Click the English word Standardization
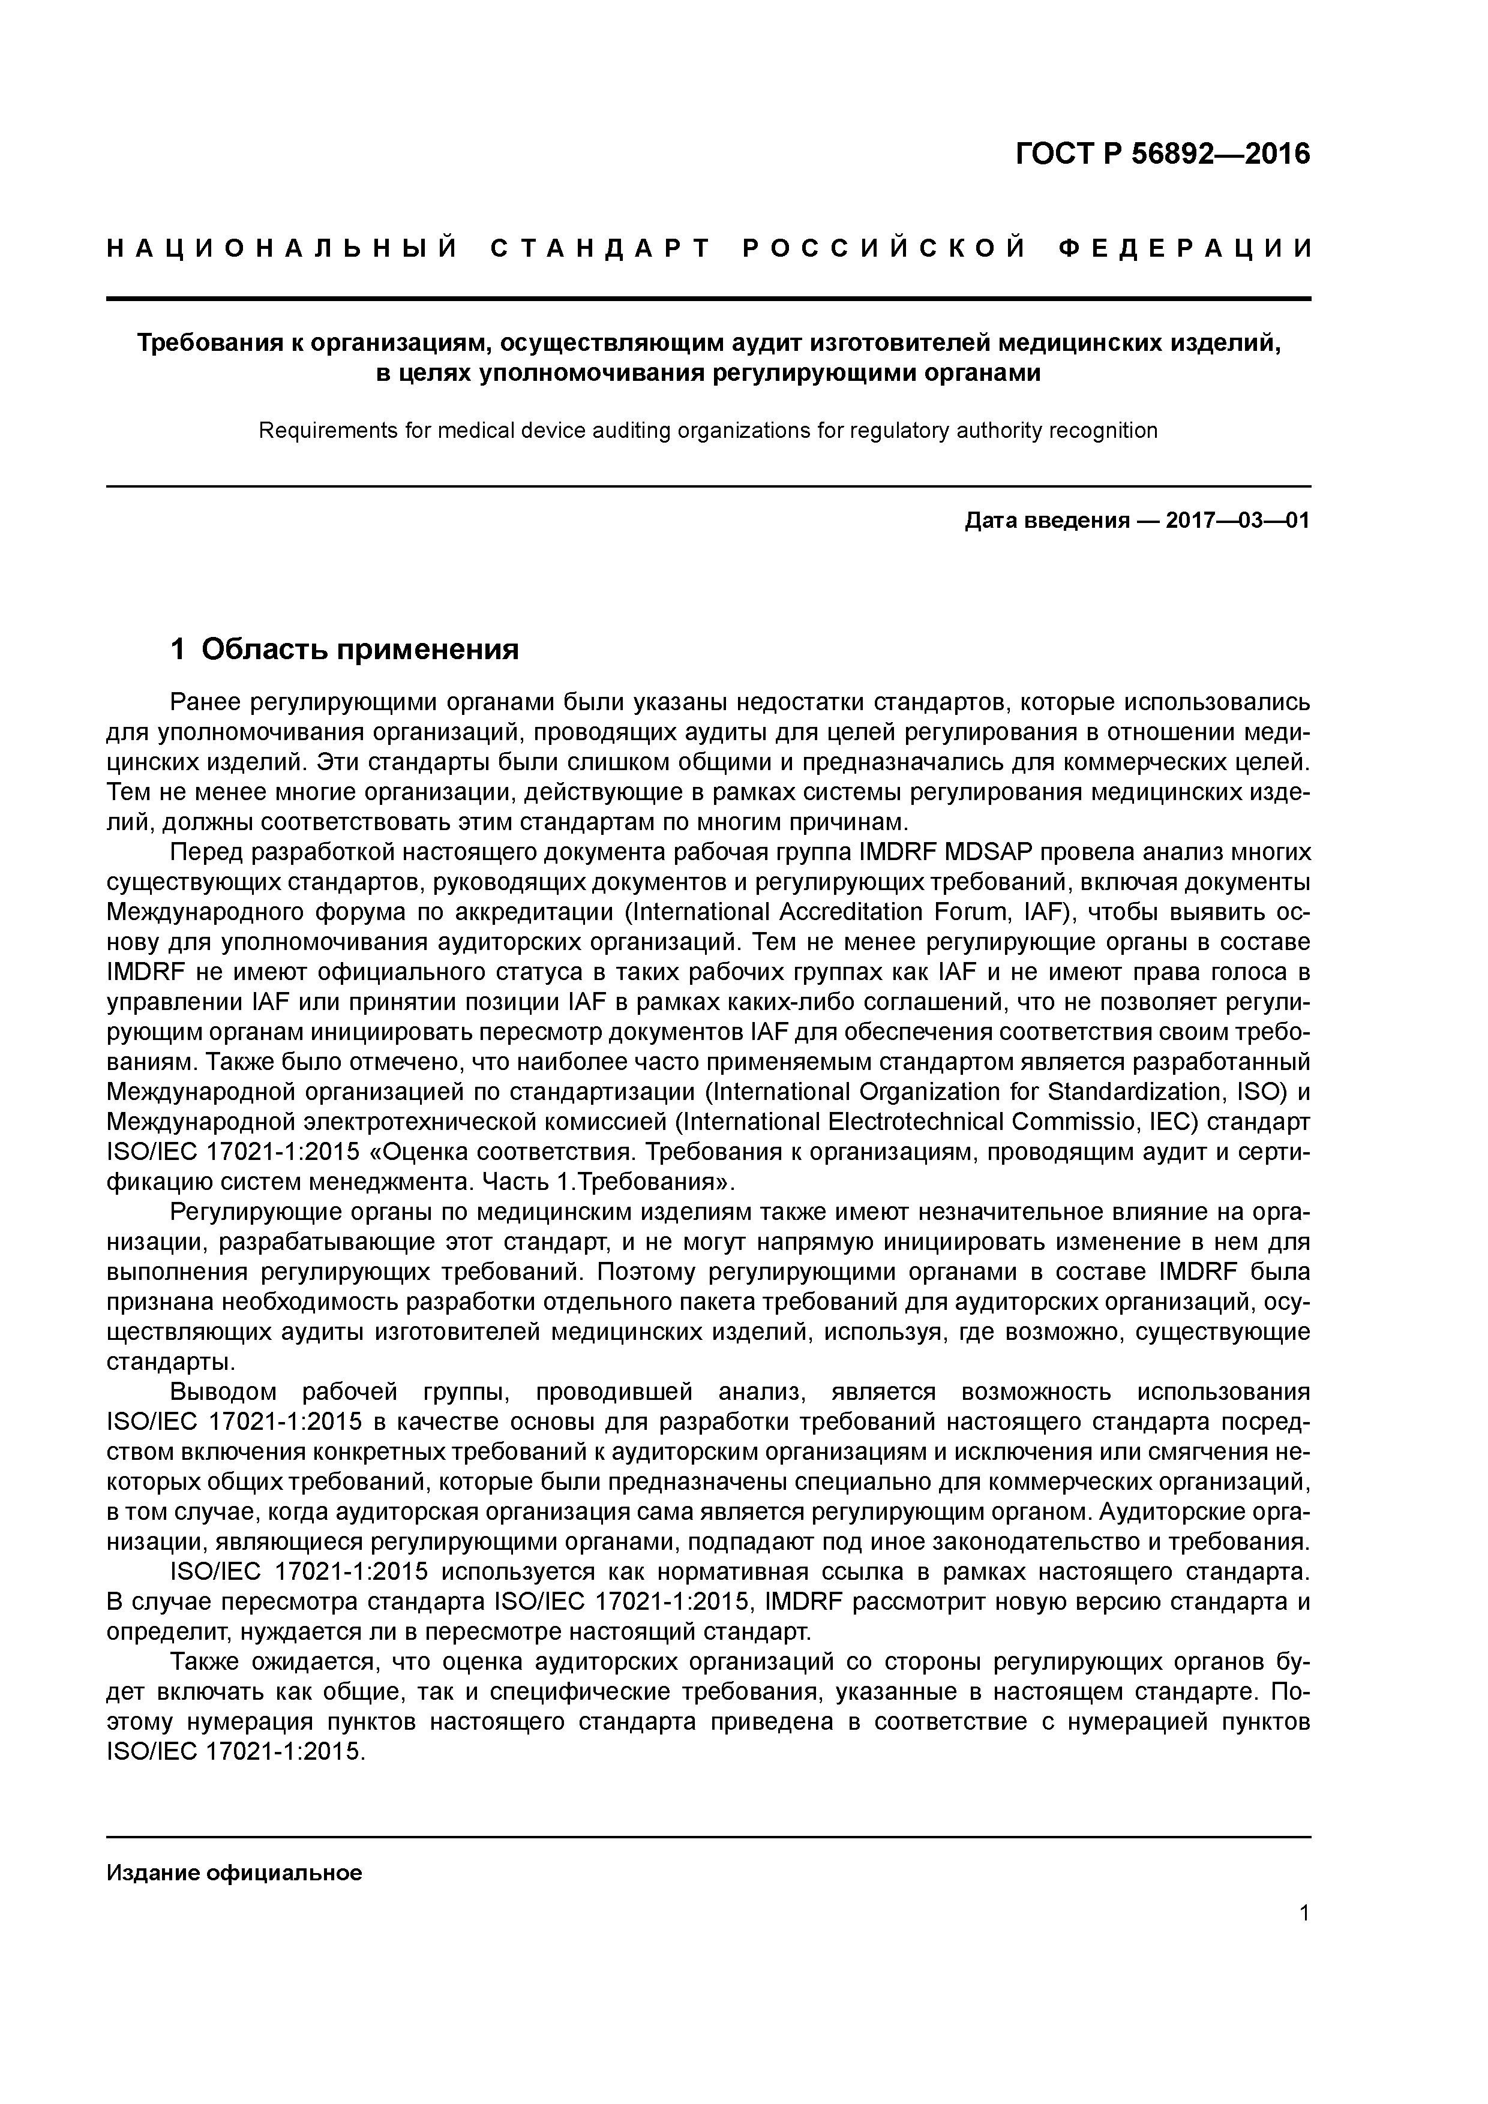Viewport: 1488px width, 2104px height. [1136, 1092]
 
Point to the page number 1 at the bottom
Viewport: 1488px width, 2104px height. [1304, 1913]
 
